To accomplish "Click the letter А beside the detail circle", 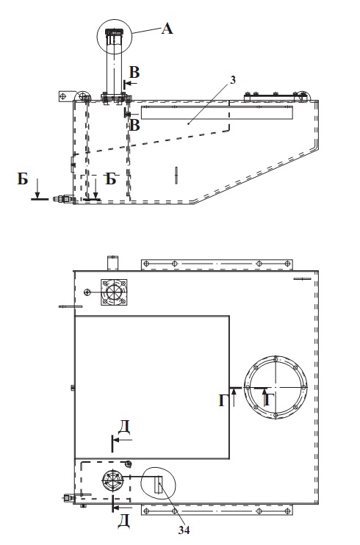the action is tap(167, 29).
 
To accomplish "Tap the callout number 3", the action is tap(233, 80).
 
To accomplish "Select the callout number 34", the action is tap(184, 530).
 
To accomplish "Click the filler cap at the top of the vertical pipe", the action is tap(114, 32).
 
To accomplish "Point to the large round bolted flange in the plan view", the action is tap(276, 387).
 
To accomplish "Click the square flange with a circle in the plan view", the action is tap(114, 292).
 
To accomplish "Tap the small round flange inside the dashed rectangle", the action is tap(112, 480).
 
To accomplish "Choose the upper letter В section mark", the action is tap(134, 73).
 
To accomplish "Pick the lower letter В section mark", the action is tap(134, 125).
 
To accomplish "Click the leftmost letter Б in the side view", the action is tap(23, 179).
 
